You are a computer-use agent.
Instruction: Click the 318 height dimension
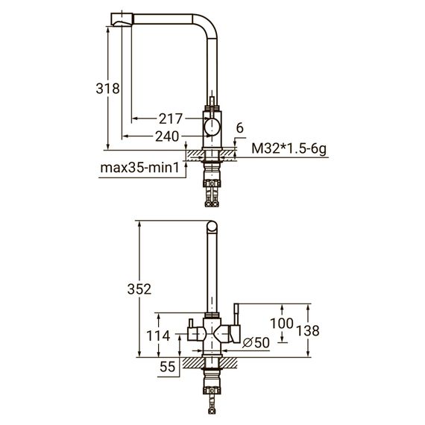point(107,89)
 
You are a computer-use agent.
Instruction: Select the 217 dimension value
point(171,119)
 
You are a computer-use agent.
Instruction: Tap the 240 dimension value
point(167,136)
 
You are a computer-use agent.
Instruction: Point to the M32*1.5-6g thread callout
point(289,148)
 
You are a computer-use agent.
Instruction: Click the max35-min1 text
point(140,168)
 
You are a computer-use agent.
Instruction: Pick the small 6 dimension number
point(240,128)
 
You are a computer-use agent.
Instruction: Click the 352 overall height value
point(139,289)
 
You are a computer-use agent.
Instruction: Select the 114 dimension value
point(158,336)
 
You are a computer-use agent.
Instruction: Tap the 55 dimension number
point(168,367)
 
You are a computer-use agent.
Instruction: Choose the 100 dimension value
point(282,323)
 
